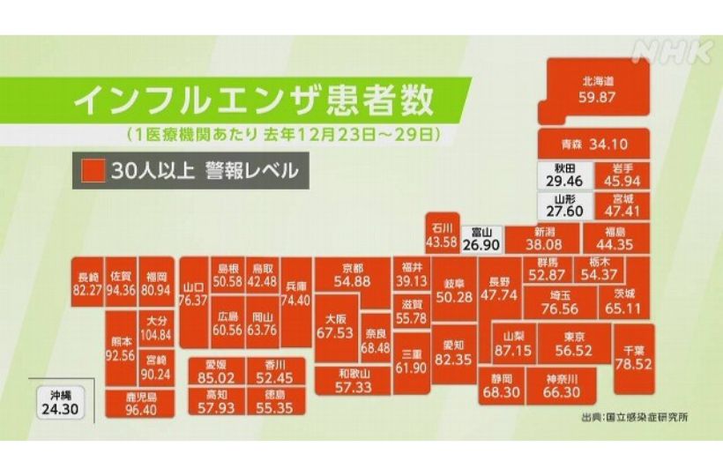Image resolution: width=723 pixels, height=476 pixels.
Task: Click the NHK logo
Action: [x=673, y=51]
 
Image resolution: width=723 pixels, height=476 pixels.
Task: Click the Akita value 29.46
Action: [x=559, y=180]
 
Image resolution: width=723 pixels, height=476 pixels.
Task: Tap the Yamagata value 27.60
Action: [x=559, y=212]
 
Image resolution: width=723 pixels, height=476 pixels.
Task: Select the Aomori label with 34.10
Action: [x=593, y=143]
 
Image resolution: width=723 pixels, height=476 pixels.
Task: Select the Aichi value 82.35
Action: [x=454, y=360]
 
